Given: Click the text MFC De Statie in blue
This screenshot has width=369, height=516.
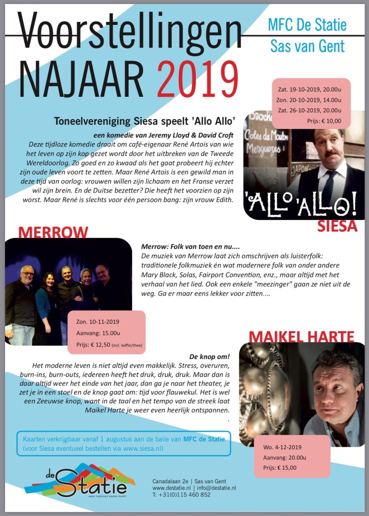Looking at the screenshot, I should pyautogui.click(x=307, y=25).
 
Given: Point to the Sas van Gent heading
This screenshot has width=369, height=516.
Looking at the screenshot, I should pyautogui.click(x=307, y=46).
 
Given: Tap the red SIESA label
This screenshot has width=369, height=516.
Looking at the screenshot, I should pyautogui.click(x=338, y=227).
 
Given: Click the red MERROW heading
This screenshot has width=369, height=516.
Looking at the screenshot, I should pyautogui.click(x=53, y=232).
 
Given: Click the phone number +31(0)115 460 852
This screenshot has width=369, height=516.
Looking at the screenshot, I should pyautogui.click(x=185, y=495).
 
